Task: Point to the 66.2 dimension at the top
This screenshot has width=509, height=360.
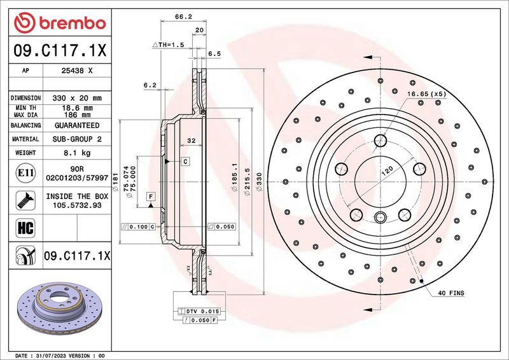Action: point(183,18)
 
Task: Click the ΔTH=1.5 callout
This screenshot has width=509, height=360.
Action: point(168,45)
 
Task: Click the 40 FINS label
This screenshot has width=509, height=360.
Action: point(451,293)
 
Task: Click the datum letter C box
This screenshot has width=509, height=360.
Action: point(185,162)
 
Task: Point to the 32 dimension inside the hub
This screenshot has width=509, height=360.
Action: point(190,139)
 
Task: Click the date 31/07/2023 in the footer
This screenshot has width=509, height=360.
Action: point(71,355)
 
